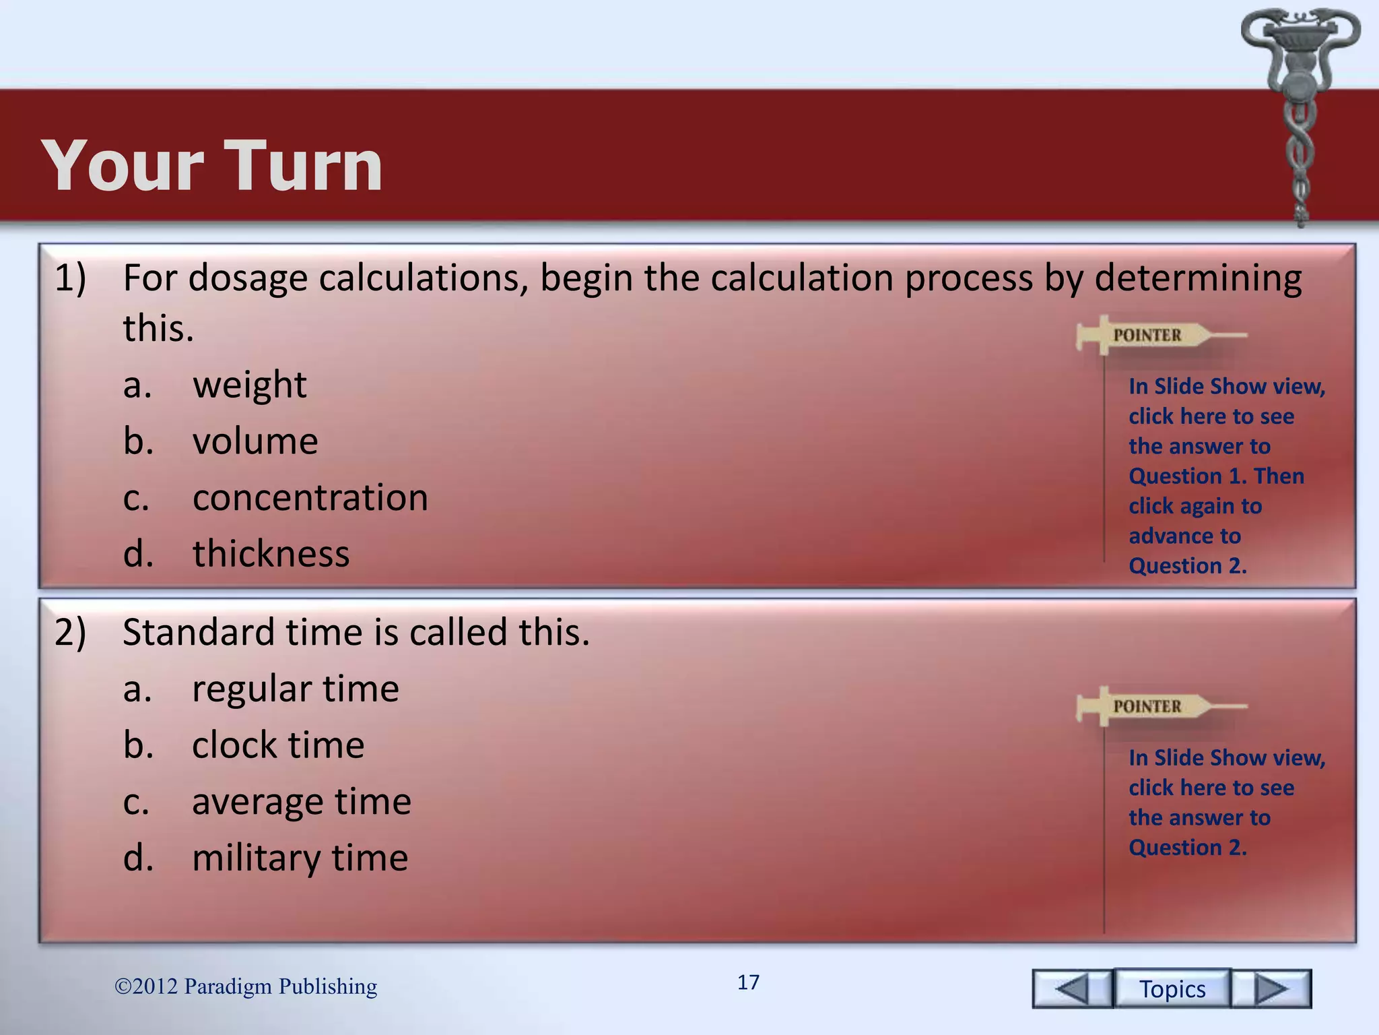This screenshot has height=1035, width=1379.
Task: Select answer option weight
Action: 249,385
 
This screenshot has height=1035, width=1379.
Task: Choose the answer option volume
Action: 255,441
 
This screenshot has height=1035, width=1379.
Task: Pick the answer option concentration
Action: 310,498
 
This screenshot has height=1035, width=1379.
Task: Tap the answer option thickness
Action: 271,554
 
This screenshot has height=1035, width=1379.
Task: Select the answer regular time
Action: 295,689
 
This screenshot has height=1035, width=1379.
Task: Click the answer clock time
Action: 277,745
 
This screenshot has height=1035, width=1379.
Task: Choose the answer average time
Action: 301,802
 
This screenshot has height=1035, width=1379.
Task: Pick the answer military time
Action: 300,858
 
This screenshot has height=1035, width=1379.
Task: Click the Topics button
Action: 1172,989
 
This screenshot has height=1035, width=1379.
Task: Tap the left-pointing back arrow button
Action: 1072,989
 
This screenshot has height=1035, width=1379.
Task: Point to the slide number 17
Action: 748,982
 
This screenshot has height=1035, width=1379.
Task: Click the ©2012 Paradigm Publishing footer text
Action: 246,986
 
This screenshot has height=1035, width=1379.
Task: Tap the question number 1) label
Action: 70,278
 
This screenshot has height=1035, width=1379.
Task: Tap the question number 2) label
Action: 70,632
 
